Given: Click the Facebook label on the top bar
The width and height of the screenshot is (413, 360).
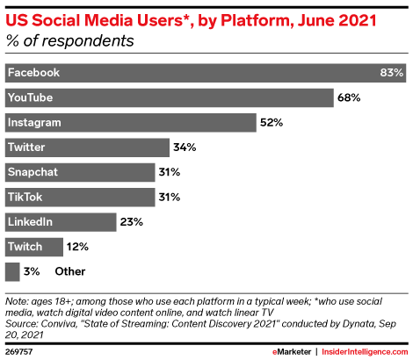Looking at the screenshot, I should click(x=33, y=72).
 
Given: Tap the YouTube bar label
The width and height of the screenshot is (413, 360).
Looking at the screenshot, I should click(x=30, y=97).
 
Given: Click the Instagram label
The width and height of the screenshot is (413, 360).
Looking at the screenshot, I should click(x=33, y=121).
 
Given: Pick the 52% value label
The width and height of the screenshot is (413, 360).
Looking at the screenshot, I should click(x=271, y=121).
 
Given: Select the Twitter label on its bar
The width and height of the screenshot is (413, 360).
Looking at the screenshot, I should click(x=26, y=146).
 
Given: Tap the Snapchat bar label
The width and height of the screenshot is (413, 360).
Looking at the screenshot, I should click(x=33, y=170).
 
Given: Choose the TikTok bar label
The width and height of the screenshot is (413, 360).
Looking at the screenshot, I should click(x=25, y=195).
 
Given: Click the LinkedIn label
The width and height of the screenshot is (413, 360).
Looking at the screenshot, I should click(x=30, y=220).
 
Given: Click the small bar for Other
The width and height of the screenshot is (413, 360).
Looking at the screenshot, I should click(x=12, y=270).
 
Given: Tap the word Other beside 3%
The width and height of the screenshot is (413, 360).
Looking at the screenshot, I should click(x=70, y=270).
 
